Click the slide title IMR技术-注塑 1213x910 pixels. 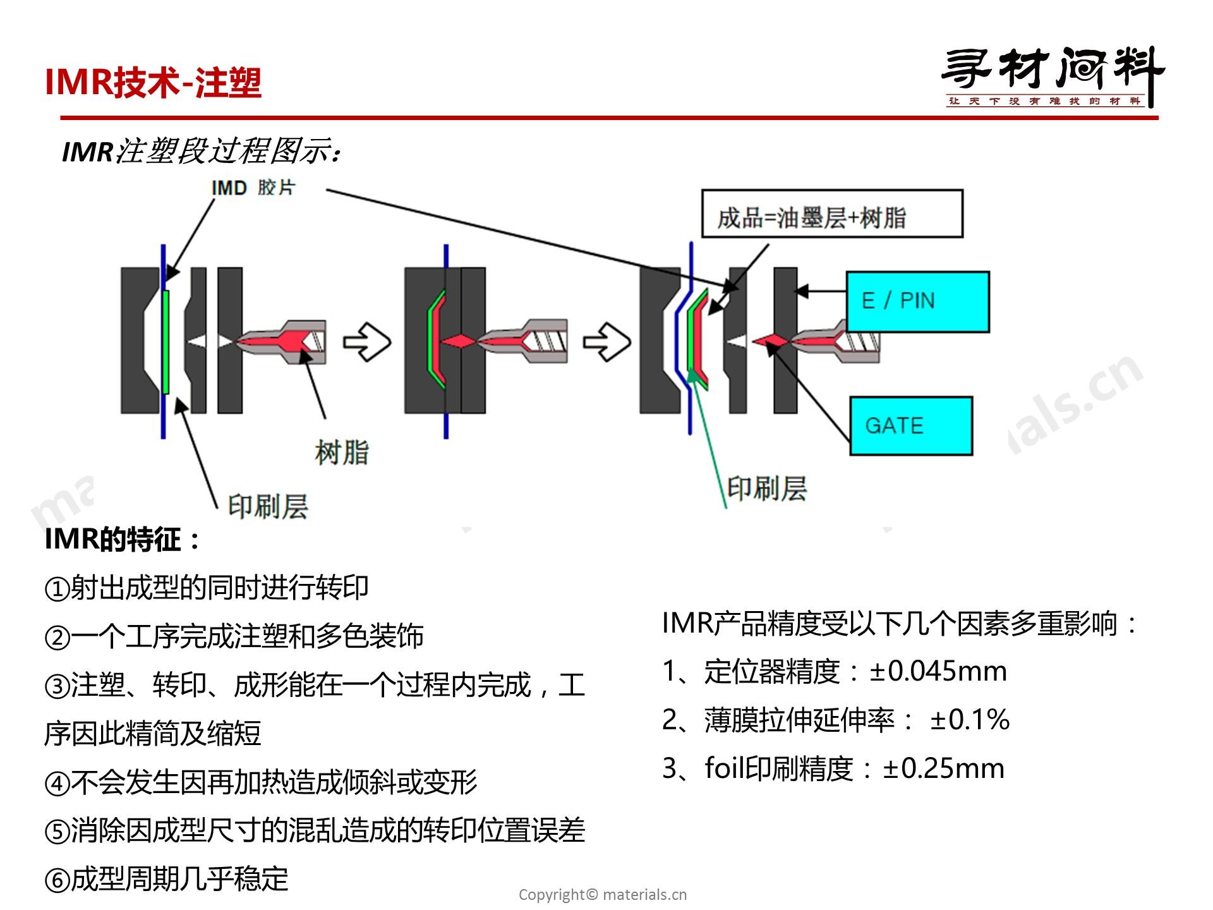tap(153, 82)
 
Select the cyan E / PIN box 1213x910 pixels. tap(917, 301)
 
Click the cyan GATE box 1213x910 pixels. tap(910, 425)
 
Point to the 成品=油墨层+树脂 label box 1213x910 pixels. tap(832, 214)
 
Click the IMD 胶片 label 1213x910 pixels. tap(253, 188)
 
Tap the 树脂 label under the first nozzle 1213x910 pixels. tap(341, 452)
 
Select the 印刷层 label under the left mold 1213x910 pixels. tap(268, 506)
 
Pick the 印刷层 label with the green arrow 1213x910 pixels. tap(766, 488)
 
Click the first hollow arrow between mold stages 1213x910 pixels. tap(367, 342)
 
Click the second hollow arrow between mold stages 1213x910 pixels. tap(606, 342)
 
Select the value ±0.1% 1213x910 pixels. tap(969, 720)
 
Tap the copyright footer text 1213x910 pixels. tap(602, 894)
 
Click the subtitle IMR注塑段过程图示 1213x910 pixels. tap(202, 152)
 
